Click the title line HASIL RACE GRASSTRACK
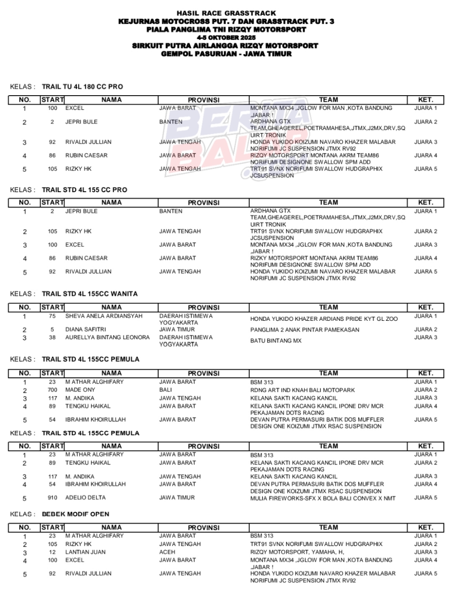tap(226, 13)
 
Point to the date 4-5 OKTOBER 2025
tap(226, 37)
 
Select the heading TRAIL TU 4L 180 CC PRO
tap(82, 87)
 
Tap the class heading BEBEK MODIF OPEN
tap(75, 514)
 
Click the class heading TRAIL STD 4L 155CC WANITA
tap(90, 293)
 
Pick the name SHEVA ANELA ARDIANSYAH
tap(104, 316)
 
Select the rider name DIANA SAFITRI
tap(85, 329)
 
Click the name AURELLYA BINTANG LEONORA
tap(107, 337)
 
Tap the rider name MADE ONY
tap(80, 390)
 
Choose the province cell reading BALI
tap(165, 390)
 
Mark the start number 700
tap(52, 390)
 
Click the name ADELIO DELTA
tap(85, 497)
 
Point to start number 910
tap(52, 497)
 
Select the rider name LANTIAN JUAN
tap(85, 552)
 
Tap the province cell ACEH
tap(167, 552)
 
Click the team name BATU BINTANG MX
tap(276, 341)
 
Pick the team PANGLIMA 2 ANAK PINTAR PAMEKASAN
tap(305, 330)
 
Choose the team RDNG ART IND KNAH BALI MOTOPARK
tap(303, 390)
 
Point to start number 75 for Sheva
tap(52, 316)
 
